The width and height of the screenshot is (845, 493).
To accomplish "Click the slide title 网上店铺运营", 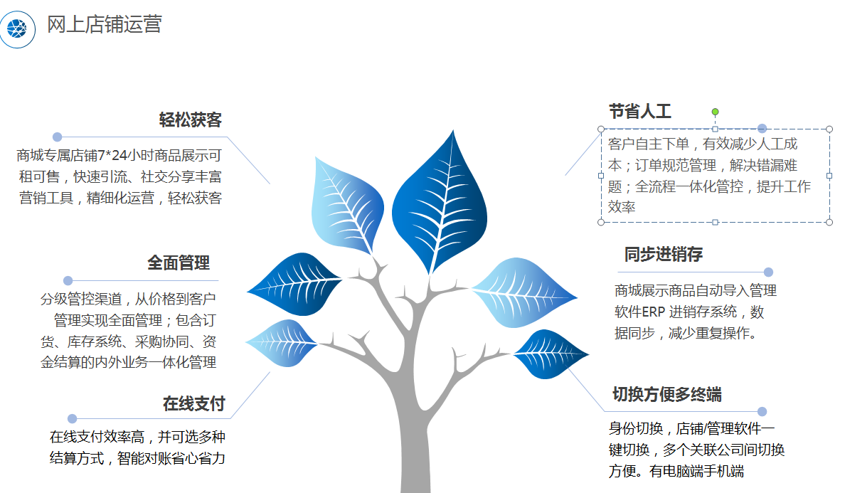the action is click(105, 24).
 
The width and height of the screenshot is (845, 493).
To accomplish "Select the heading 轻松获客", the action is click(190, 120).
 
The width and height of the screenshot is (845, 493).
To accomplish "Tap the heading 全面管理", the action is click(179, 263).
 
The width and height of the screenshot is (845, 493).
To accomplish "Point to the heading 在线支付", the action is click(194, 403).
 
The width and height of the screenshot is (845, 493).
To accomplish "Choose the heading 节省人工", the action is click(640, 111).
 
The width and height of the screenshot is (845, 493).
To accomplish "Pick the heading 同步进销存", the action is click(664, 254).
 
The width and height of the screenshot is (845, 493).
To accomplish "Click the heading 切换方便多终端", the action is click(667, 394).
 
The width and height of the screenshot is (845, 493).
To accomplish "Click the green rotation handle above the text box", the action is click(715, 112).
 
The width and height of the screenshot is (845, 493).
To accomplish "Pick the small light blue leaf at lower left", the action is click(281, 343).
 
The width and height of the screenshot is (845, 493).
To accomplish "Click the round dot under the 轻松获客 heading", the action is click(57, 137).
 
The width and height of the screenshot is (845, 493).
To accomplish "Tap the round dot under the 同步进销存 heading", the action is click(768, 272).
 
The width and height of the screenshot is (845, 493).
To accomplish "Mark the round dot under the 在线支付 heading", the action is click(73, 418).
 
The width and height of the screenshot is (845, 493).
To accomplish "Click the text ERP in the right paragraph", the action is click(654, 312).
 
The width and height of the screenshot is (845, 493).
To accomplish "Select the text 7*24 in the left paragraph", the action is click(112, 156).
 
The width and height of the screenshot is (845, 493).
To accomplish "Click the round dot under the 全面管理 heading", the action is click(68, 281).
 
